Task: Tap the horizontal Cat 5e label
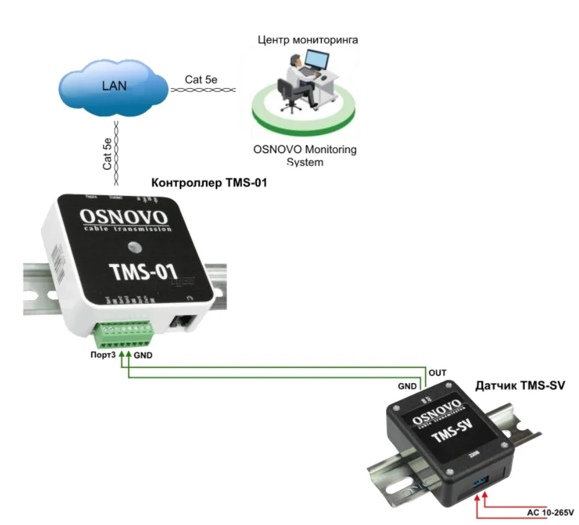201,80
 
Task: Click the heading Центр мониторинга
308,40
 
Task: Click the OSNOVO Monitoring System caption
305,156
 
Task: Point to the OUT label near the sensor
438,373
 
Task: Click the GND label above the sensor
407,386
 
